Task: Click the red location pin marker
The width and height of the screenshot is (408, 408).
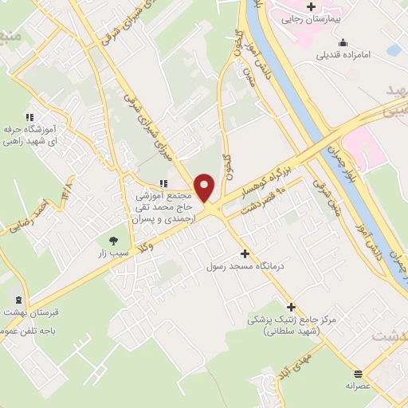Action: [x=205, y=188]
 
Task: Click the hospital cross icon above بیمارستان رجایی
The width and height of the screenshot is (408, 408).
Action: [x=311, y=7]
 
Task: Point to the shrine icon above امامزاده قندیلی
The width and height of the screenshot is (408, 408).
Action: [x=343, y=43]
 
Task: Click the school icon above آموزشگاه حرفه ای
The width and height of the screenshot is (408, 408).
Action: [x=29, y=117]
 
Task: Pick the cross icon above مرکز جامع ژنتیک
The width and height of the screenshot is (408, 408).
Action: [x=291, y=307]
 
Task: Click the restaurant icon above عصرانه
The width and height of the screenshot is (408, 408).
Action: [x=359, y=374]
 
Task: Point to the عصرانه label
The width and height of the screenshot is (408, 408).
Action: [x=359, y=386]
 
